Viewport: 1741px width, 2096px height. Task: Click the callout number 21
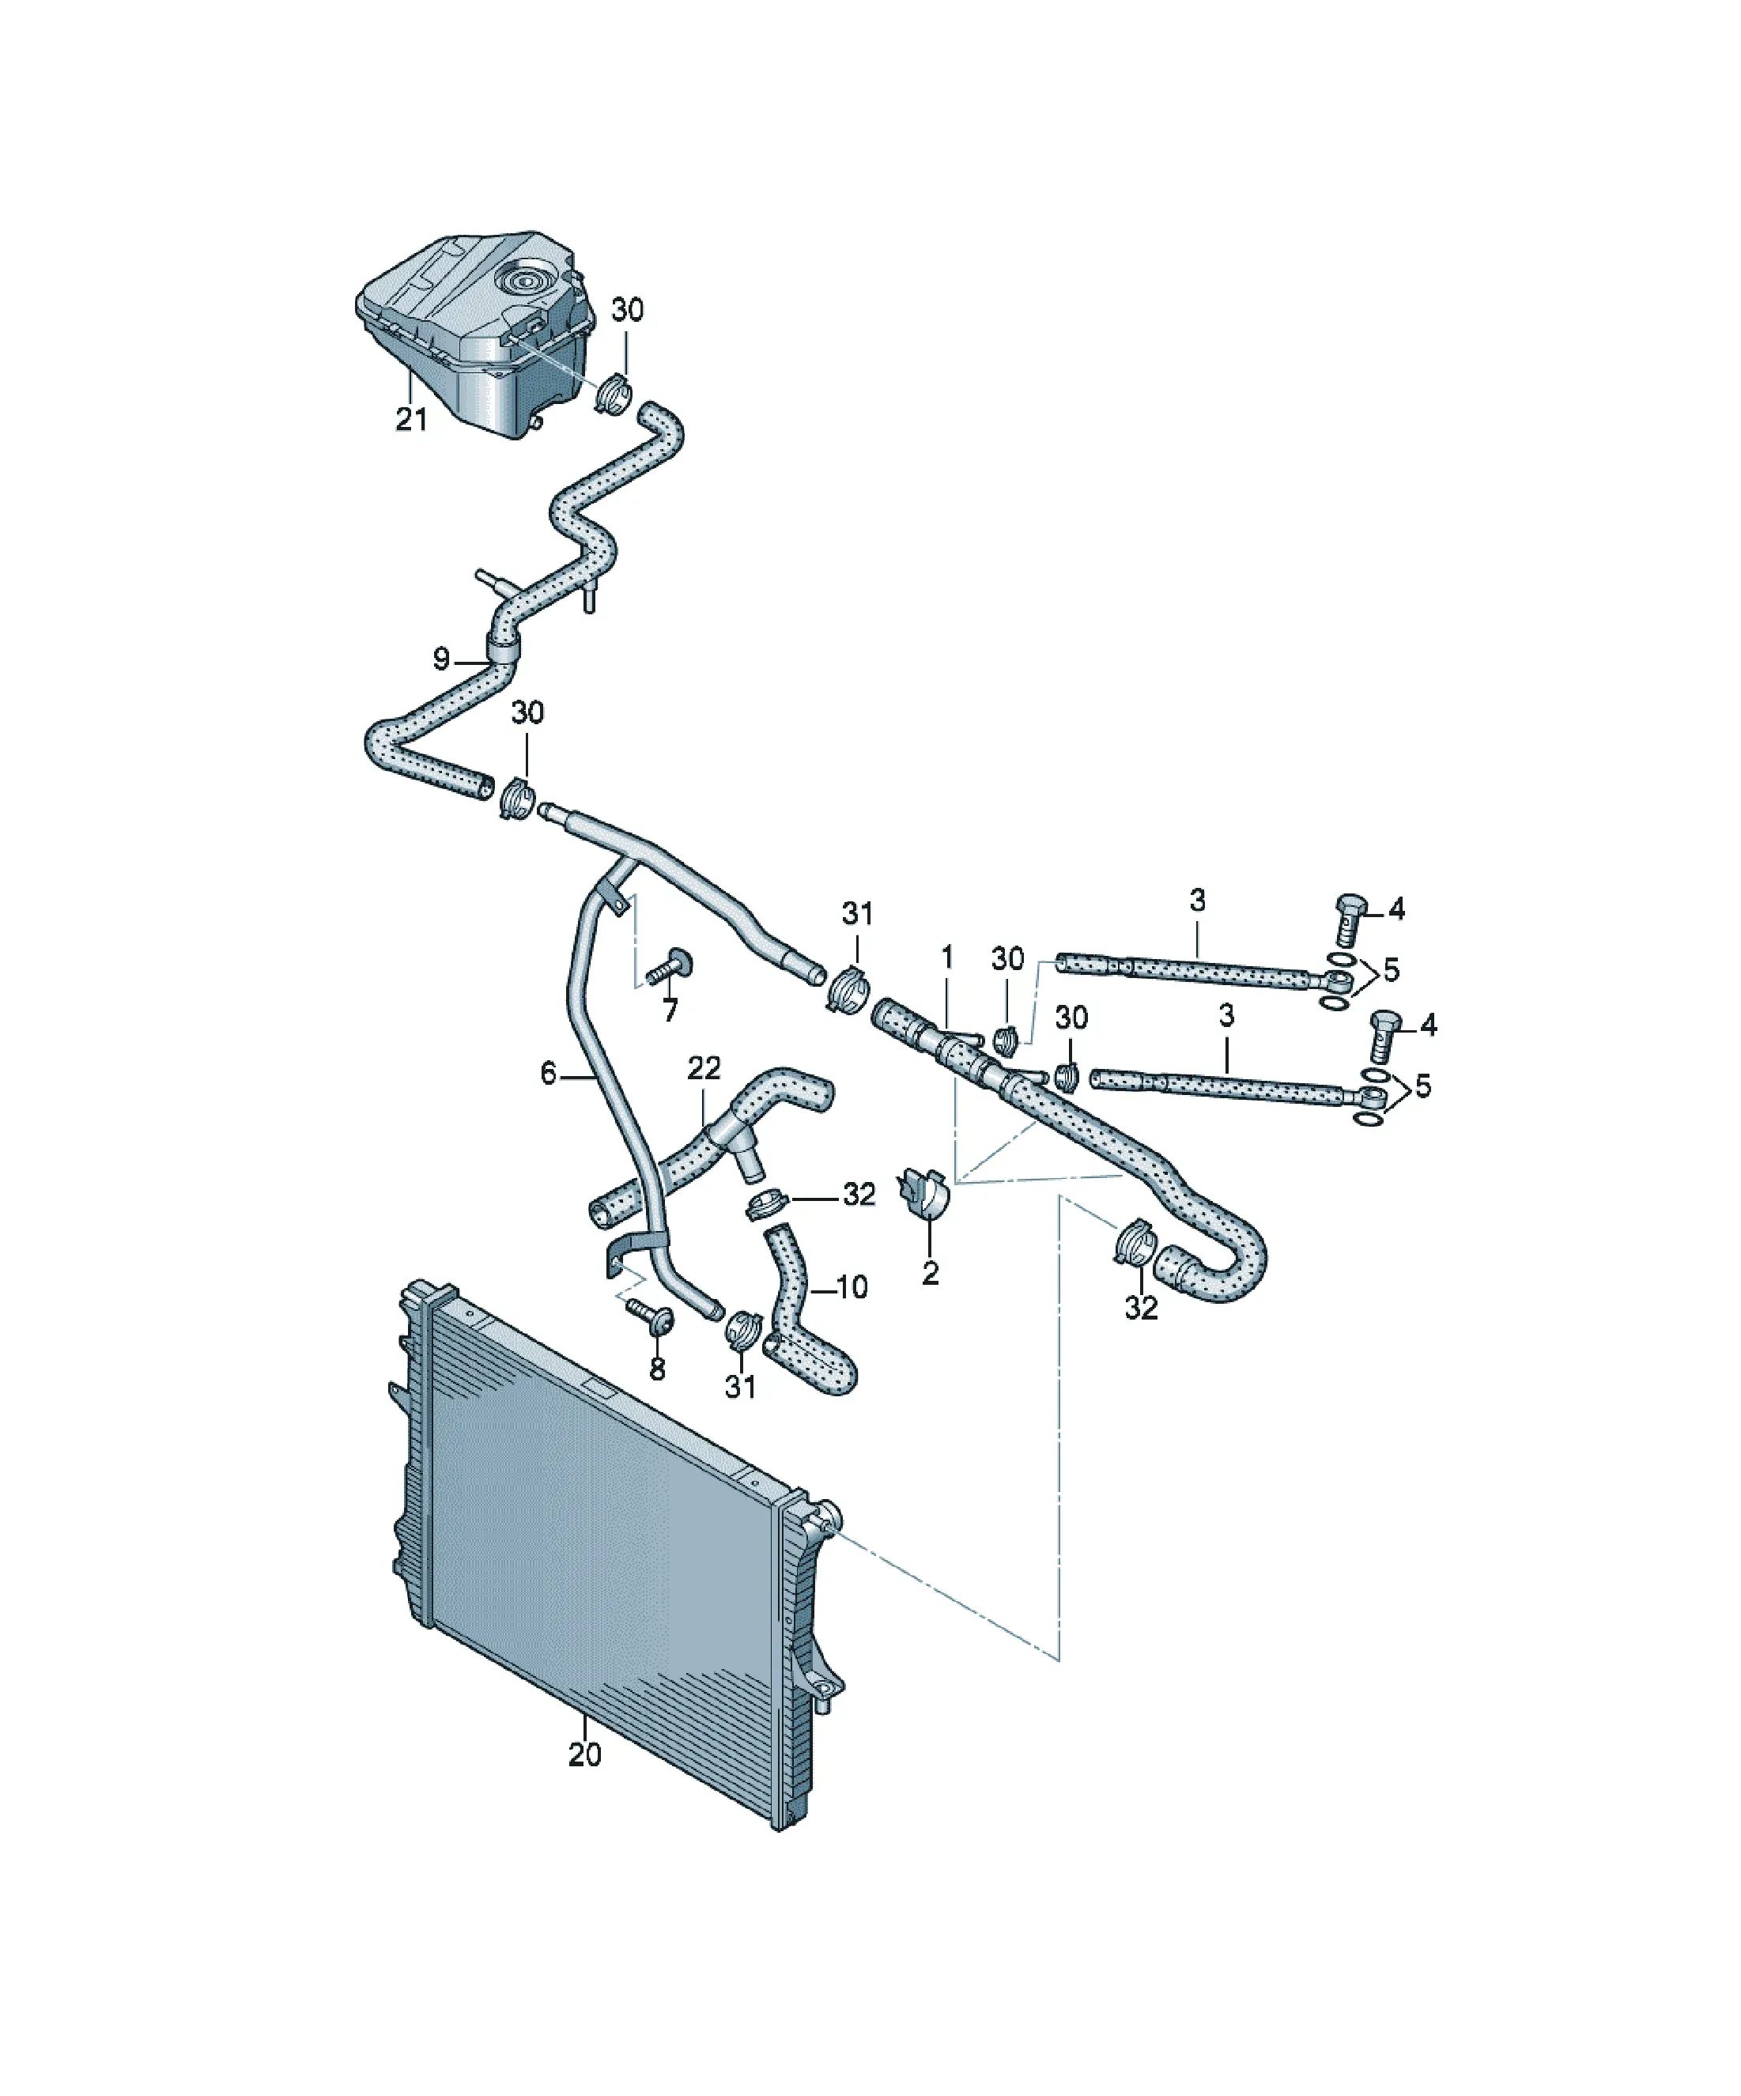[x=411, y=419]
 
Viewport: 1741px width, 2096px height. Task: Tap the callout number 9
[x=441, y=659]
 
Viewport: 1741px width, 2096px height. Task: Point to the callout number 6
[x=548, y=1074]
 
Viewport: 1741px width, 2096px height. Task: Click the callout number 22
[x=704, y=1068]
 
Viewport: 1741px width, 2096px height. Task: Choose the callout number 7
[x=670, y=1010]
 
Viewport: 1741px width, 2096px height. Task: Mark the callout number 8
[x=657, y=1369]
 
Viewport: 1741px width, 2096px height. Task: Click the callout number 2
[x=931, y=1274]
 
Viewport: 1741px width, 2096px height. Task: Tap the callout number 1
[x=947, y=957]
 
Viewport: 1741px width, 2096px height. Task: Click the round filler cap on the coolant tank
[x=525, y=281]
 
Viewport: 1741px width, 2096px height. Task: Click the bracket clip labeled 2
[x=925, y=1193]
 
